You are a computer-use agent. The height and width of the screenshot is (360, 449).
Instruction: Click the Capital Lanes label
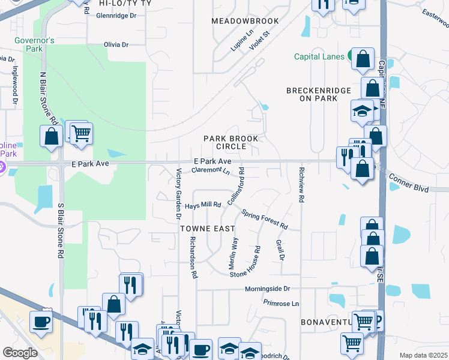click(x=318, y=56)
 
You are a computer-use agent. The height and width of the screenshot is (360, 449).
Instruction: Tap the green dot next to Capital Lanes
click(x=349, y=56)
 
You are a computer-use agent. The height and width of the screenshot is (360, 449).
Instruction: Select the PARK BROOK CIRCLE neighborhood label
click(x=231, y=142)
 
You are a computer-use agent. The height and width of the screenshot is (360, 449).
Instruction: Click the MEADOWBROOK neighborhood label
click(x=245, y=21)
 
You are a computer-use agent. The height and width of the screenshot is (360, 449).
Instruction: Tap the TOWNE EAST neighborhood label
click(x=204, y=229)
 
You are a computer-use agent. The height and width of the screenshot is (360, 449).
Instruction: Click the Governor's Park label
click(x=35, y=44)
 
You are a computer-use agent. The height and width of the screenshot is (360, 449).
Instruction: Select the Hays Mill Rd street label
click(x=203, y=205)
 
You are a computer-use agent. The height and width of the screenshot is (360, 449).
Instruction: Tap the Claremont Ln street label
click(x=211, y=171)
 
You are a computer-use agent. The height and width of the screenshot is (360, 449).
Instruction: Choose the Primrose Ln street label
click(x=280, y=304)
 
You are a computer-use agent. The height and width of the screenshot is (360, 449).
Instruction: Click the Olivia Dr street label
click(x=116, y=45)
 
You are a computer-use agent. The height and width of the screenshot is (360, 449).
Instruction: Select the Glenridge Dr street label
click(x=116, y=16)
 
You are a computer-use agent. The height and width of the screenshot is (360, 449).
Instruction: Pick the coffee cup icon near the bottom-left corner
click(x=40, y=322)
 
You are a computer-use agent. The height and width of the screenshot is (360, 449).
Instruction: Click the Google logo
click(x=20, y=353)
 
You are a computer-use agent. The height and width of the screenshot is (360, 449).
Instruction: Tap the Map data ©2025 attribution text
click(x=423, y=355)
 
